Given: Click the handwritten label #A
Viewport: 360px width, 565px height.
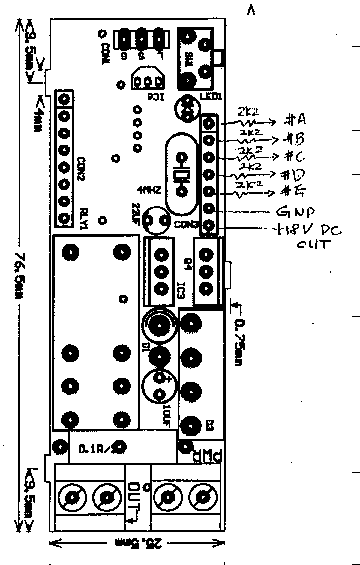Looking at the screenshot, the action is tap(294, 119).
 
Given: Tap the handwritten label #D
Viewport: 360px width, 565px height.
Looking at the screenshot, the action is tap(292, 176).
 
